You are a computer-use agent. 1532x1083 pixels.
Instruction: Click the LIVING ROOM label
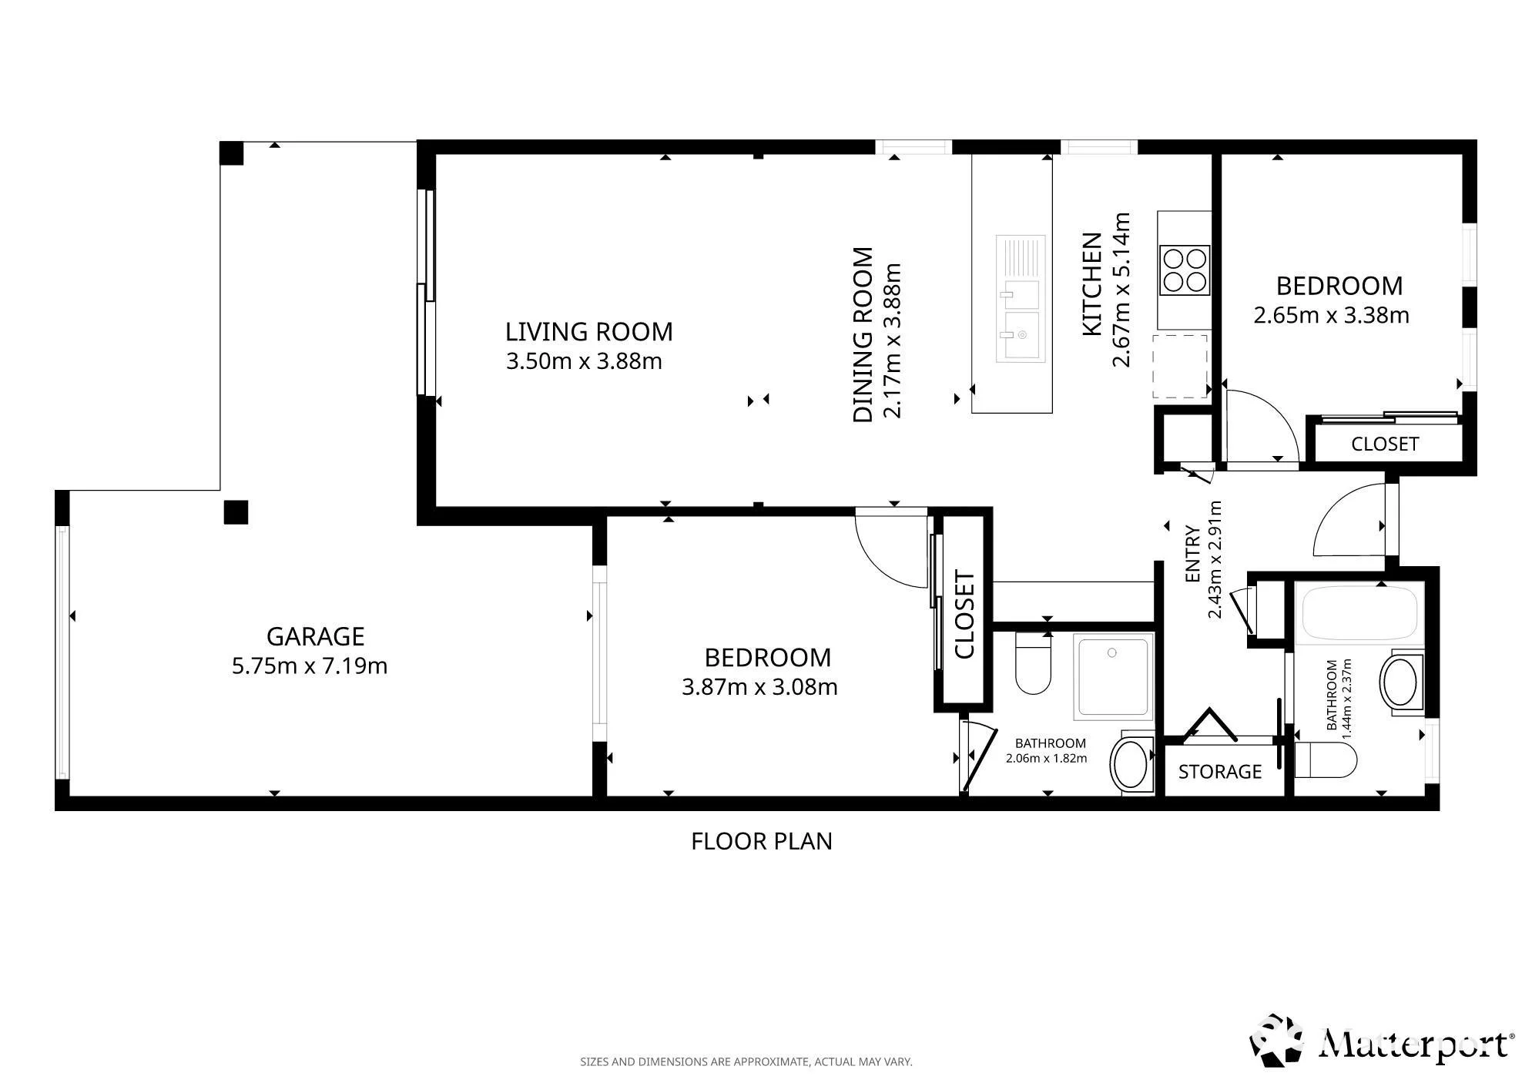588,332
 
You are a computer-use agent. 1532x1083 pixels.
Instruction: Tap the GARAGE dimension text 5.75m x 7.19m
310,666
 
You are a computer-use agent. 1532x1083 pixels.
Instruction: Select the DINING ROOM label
863,334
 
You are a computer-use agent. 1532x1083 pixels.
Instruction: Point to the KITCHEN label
1092,284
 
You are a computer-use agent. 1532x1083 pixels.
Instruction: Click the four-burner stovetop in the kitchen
1185,270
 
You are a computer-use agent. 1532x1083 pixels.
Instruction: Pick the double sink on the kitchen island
1021,298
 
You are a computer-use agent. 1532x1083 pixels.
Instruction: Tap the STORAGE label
1220,772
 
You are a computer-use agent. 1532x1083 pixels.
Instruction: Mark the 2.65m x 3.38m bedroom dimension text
1332,315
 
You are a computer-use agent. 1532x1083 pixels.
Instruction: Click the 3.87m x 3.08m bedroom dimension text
759,686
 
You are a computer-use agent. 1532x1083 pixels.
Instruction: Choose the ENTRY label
1193,554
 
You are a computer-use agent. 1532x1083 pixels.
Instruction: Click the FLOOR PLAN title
762,841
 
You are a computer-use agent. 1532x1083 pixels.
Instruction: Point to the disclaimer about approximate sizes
746,1061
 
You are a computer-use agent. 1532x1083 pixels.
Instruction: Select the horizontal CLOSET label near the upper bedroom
1385,444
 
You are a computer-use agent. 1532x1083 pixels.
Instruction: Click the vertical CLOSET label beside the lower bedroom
965,615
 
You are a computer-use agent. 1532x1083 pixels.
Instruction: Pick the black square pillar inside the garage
236,512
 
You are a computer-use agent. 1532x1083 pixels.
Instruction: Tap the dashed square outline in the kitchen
1179,366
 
